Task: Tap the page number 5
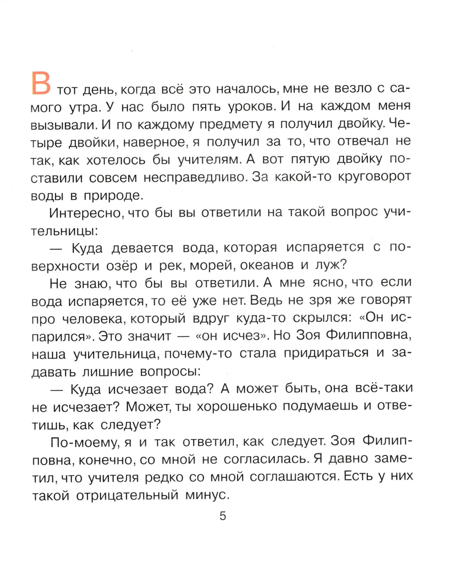pos(223,516)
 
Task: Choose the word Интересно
pos(85,213)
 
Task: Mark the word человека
pos(92,319)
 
